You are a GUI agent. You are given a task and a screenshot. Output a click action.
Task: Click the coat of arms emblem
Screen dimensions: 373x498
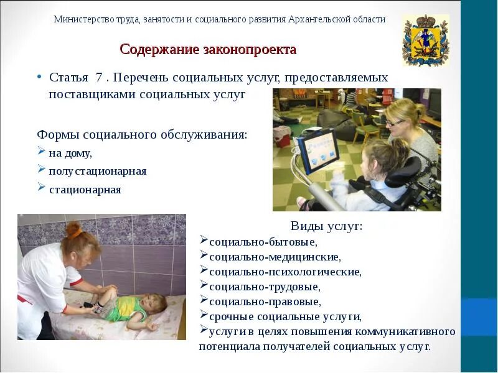tap(425, 41)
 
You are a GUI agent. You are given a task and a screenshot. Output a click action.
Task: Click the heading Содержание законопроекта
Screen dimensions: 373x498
tap(208, 49)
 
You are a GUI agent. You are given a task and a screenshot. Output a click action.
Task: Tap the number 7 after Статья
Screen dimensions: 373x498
tap(99, 78)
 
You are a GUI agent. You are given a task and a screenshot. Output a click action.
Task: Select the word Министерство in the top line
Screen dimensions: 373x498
tap(83, 19)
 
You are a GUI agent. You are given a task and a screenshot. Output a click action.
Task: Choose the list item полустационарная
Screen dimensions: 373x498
tap(98, 171)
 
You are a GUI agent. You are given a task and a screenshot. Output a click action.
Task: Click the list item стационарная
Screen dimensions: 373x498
tap(85, 190)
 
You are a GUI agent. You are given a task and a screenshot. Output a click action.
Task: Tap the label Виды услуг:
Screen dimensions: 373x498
tap(326, 226)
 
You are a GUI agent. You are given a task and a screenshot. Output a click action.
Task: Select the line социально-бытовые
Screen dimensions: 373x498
tap(263, 241)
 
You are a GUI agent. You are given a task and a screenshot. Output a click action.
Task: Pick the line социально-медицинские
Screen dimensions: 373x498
tap(275, 256)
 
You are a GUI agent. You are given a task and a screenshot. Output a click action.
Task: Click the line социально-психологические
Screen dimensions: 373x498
tap(285, 272)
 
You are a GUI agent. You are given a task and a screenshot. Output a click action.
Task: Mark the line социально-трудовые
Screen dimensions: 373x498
tap(265, 287)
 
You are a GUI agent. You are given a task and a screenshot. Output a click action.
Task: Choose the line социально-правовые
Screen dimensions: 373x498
tap(265, 302)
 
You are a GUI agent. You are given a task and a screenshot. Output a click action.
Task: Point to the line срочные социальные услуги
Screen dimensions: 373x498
tap(285, 316)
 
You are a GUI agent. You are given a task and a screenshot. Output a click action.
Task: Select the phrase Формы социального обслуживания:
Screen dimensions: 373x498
tap(142, 134)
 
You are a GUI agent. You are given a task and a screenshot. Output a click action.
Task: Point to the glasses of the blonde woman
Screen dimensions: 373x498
tap(397, 122)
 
